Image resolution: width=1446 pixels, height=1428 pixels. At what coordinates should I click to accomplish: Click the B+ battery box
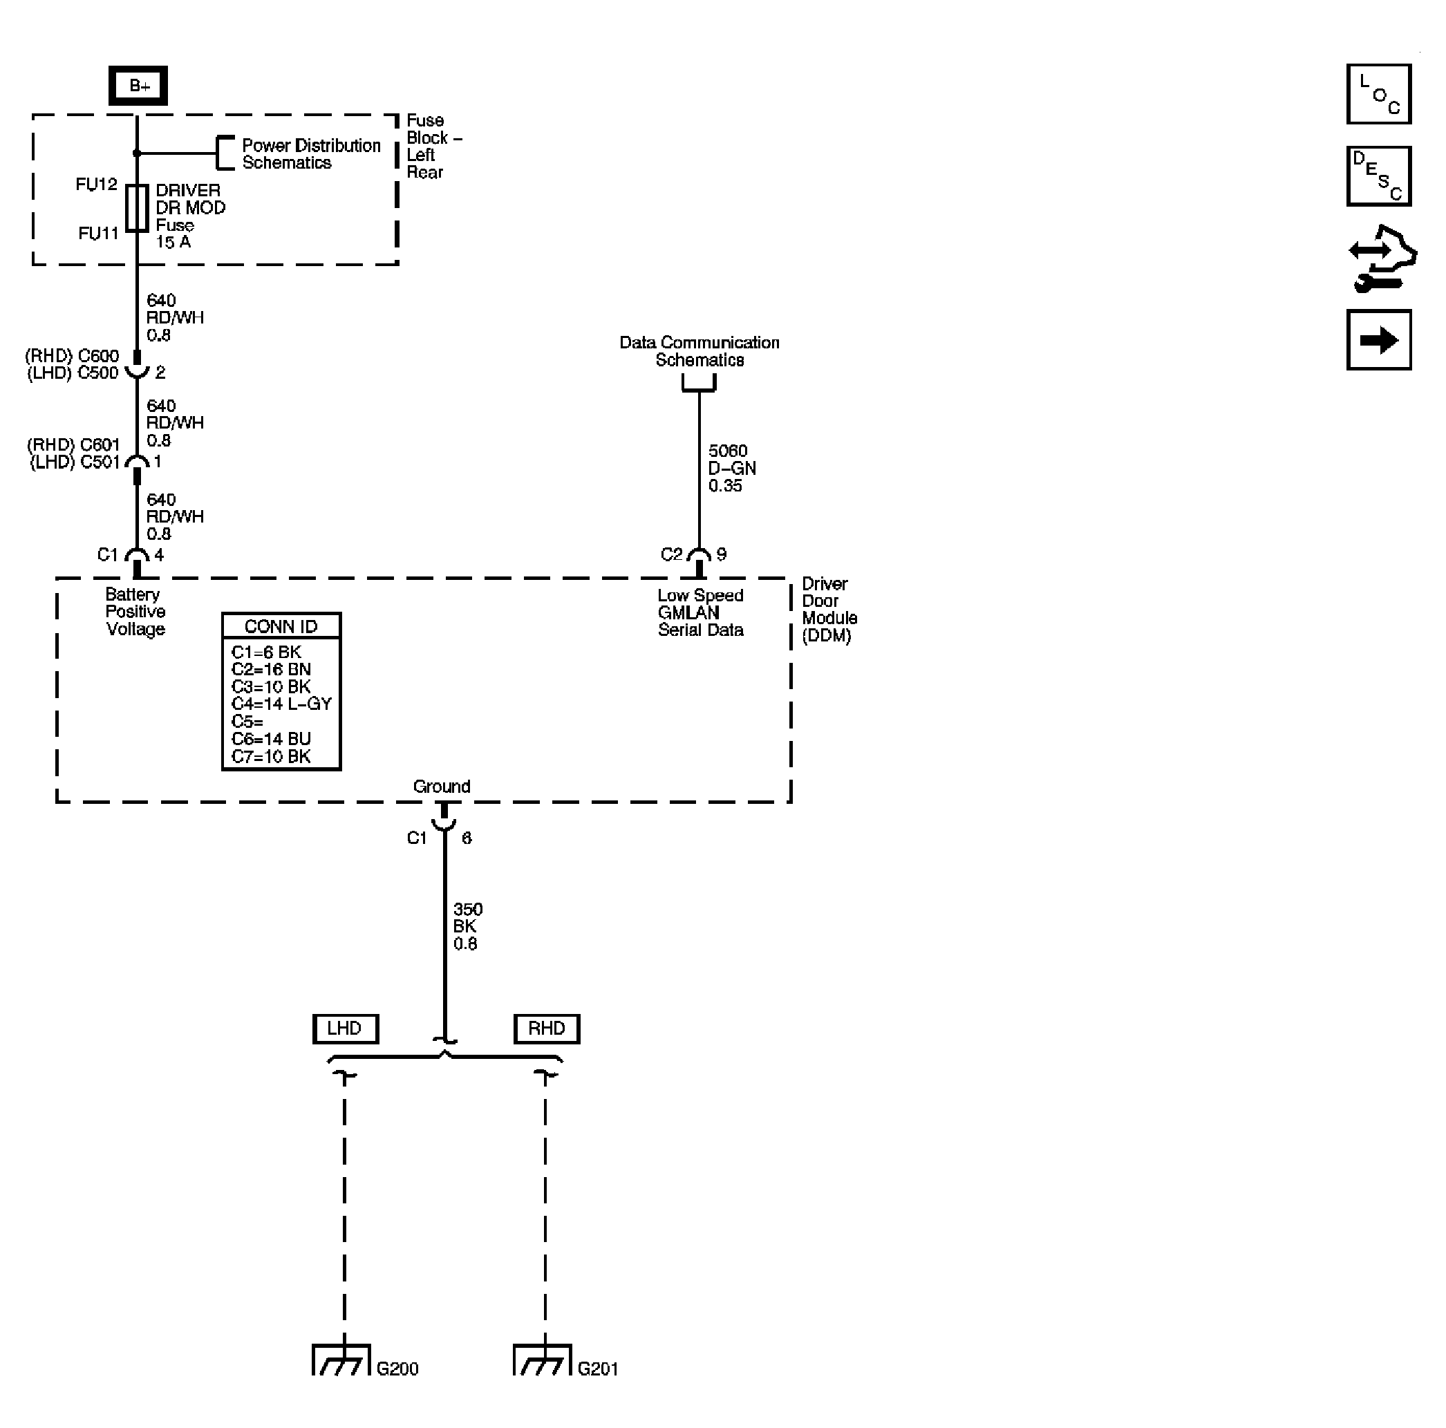pos(138,85)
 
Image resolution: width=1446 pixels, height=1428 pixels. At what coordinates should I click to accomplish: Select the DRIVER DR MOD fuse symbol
pos(137,208)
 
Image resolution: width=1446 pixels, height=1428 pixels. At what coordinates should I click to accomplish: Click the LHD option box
pos(345,1028)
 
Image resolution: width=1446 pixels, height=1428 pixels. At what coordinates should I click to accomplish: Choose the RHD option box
pos(546,1028)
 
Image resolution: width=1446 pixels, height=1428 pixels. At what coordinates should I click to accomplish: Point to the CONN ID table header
pos(281,626)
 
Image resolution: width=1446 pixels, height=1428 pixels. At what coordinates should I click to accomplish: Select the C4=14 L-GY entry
pos(281,704)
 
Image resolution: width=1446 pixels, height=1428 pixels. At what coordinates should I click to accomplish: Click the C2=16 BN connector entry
pos(271,669)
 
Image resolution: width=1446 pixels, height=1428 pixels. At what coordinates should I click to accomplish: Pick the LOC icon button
pos(1379,94)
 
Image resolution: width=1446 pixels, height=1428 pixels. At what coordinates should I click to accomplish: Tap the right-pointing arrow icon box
pos(1379,341)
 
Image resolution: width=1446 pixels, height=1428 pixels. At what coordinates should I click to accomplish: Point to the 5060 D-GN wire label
pos(732,469)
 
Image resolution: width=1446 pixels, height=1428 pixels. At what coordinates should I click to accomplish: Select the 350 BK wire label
pos(468,927)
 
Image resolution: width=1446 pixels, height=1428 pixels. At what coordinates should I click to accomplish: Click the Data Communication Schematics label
pos(699,351)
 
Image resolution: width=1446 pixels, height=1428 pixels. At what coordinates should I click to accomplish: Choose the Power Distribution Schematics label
pos(310,154)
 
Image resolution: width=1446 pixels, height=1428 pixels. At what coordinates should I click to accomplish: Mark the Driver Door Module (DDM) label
pos(829,609)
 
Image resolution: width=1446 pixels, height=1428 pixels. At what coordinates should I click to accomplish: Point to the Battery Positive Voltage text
pos(135,612)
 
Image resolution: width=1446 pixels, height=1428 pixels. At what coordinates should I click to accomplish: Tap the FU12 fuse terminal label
pos(97,184)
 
